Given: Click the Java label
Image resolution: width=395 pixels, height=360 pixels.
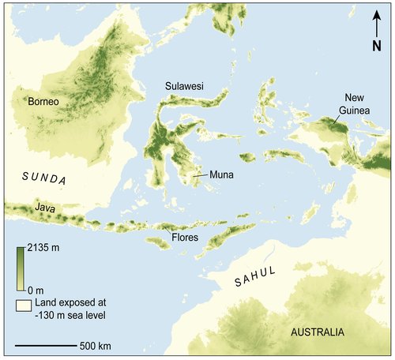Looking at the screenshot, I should pos(44,208).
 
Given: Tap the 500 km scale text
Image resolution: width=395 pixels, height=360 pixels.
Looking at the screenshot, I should pos(95,346).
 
